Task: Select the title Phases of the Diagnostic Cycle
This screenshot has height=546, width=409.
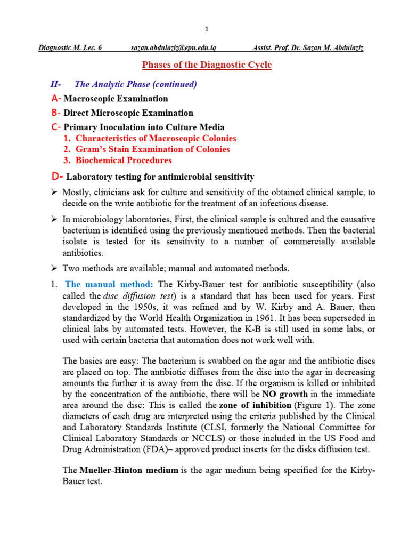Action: click(x=206, y=65)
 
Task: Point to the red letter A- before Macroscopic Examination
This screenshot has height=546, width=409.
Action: click(x=56, y=99)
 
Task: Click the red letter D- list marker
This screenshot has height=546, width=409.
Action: click(x=56, y=176)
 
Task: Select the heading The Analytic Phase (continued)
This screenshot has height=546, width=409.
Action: click(x=136, y=84)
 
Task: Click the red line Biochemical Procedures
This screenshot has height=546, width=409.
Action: click(x=124, y=160)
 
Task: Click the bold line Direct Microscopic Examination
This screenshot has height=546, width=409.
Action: click(x=128, y=113)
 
